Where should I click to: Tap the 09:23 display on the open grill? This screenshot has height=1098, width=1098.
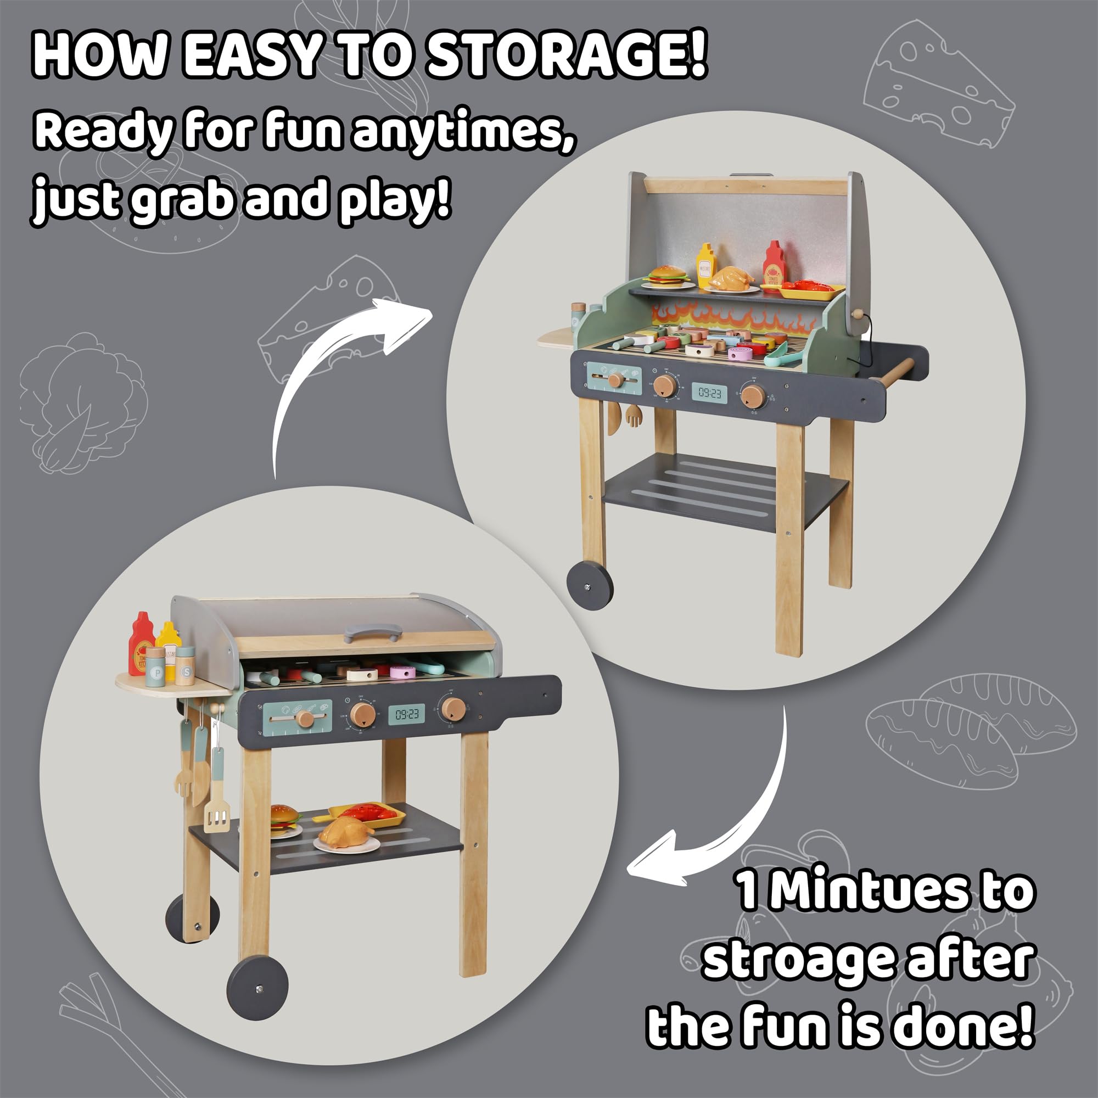pos(709,393)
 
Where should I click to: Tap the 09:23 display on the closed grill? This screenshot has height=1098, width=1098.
pos(406,714)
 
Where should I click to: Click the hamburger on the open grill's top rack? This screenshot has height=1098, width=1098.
pos(668,277)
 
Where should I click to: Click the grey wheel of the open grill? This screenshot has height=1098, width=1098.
pos(590,585)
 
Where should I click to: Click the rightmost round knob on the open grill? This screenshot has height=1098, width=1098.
pos(754,396)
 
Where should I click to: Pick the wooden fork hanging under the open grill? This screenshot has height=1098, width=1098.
pos(632,417)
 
